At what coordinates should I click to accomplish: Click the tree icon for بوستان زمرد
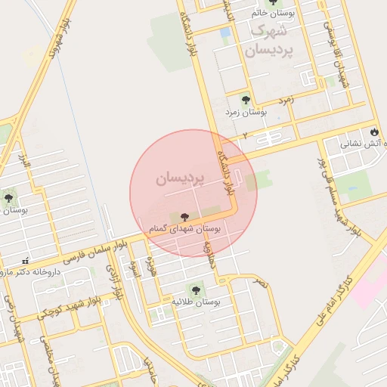(x=245, y=98)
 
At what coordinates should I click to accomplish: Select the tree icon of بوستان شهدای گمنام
(x=185, y=217)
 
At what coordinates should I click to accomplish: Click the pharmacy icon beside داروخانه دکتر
(x=26, y=260)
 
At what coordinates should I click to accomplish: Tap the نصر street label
(x=261, y=283)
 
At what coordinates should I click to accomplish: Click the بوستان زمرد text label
(x=246, y=112)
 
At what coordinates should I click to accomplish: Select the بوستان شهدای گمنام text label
(x=185, y=229)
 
